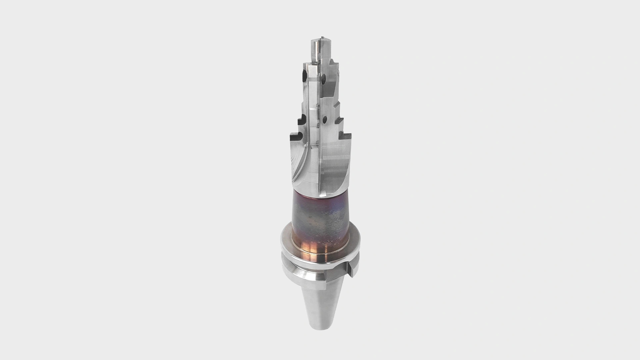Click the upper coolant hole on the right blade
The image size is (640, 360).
[x=323, y=79]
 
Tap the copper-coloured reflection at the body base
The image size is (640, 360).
[x=315, y=250]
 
